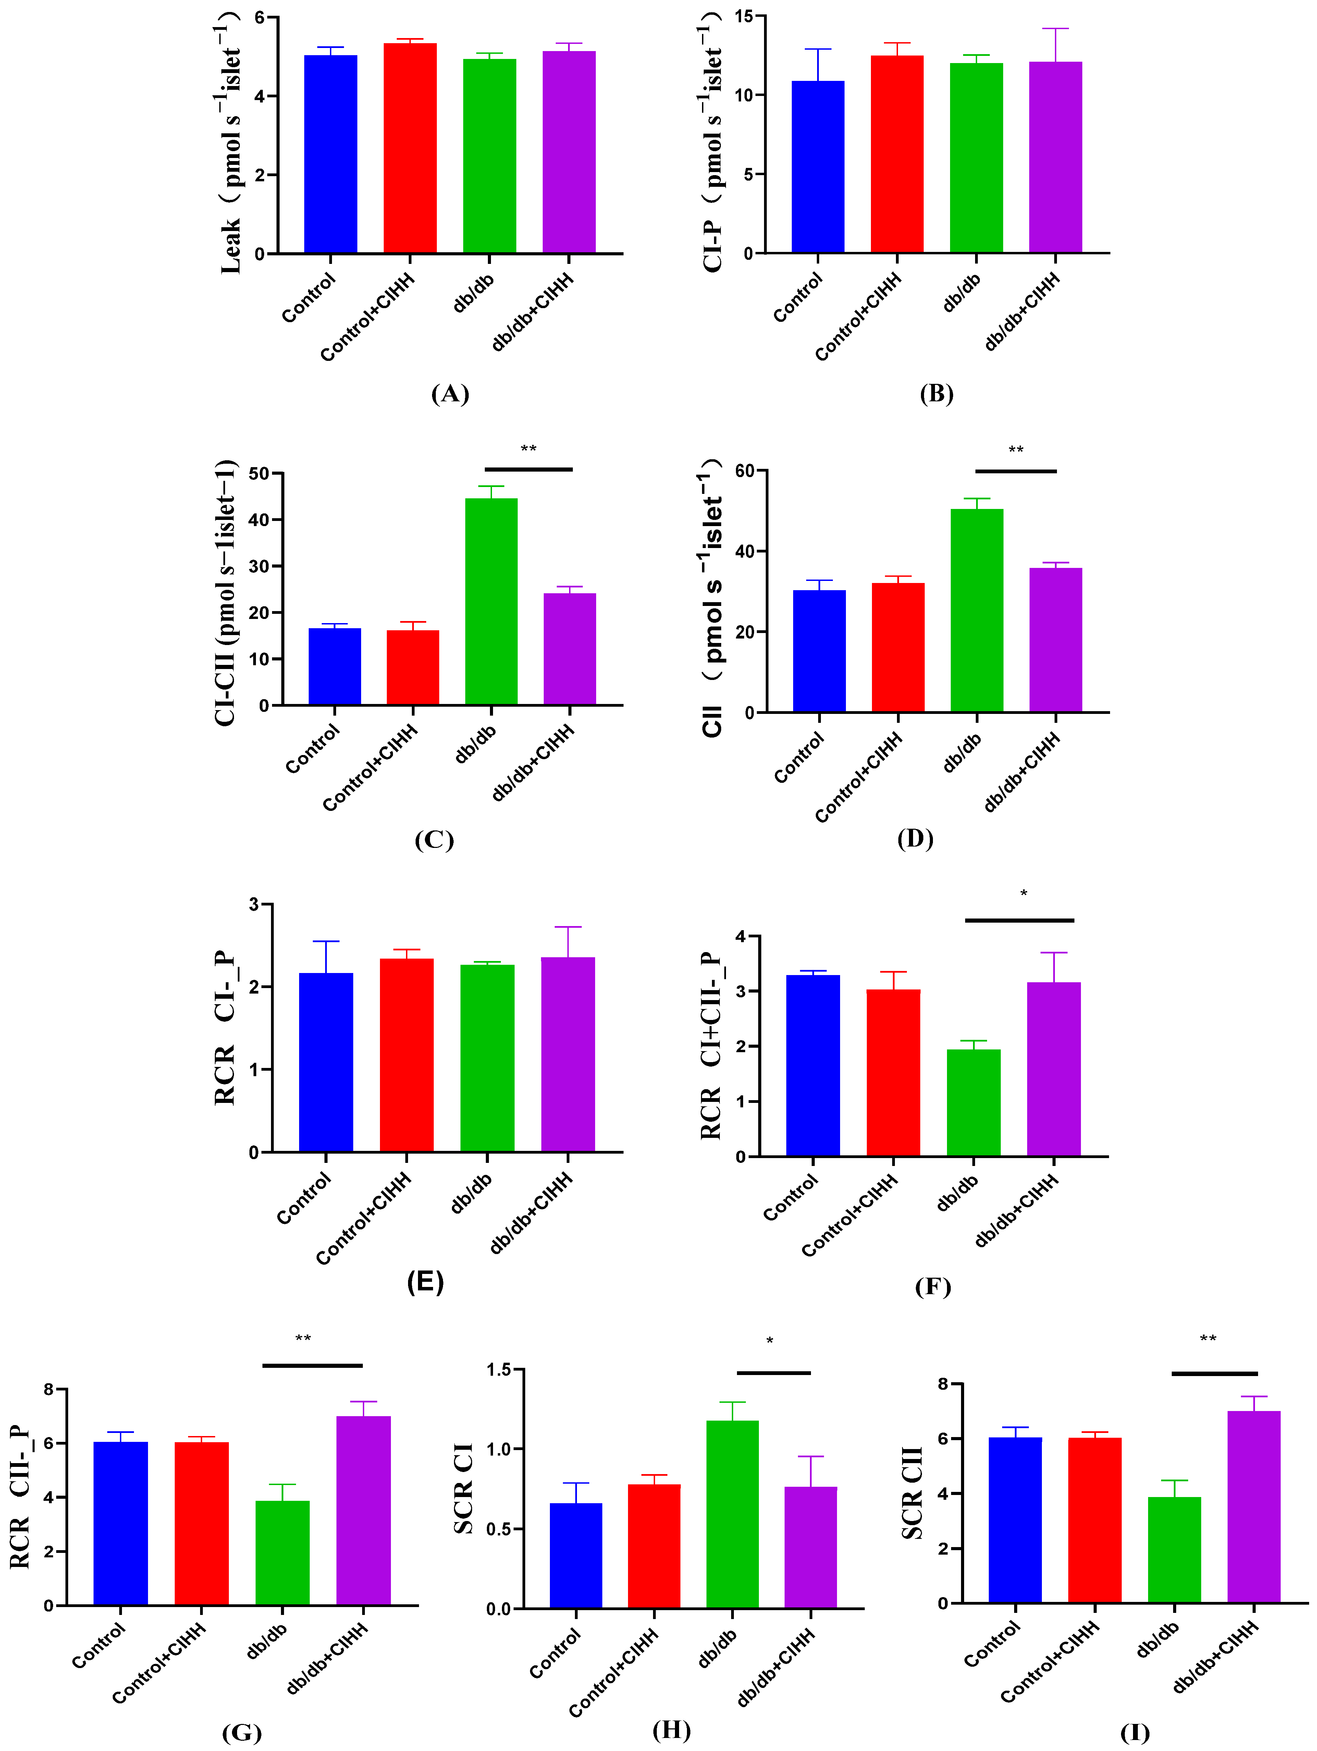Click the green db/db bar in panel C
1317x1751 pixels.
[x=491, y=601]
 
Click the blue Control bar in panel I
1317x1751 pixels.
[x=1016, y=1520]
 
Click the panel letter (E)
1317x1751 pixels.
[x=425, y=1281]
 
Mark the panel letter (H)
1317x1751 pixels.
[x=671, y=1730]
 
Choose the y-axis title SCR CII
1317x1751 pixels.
[x=913, y=1492]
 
